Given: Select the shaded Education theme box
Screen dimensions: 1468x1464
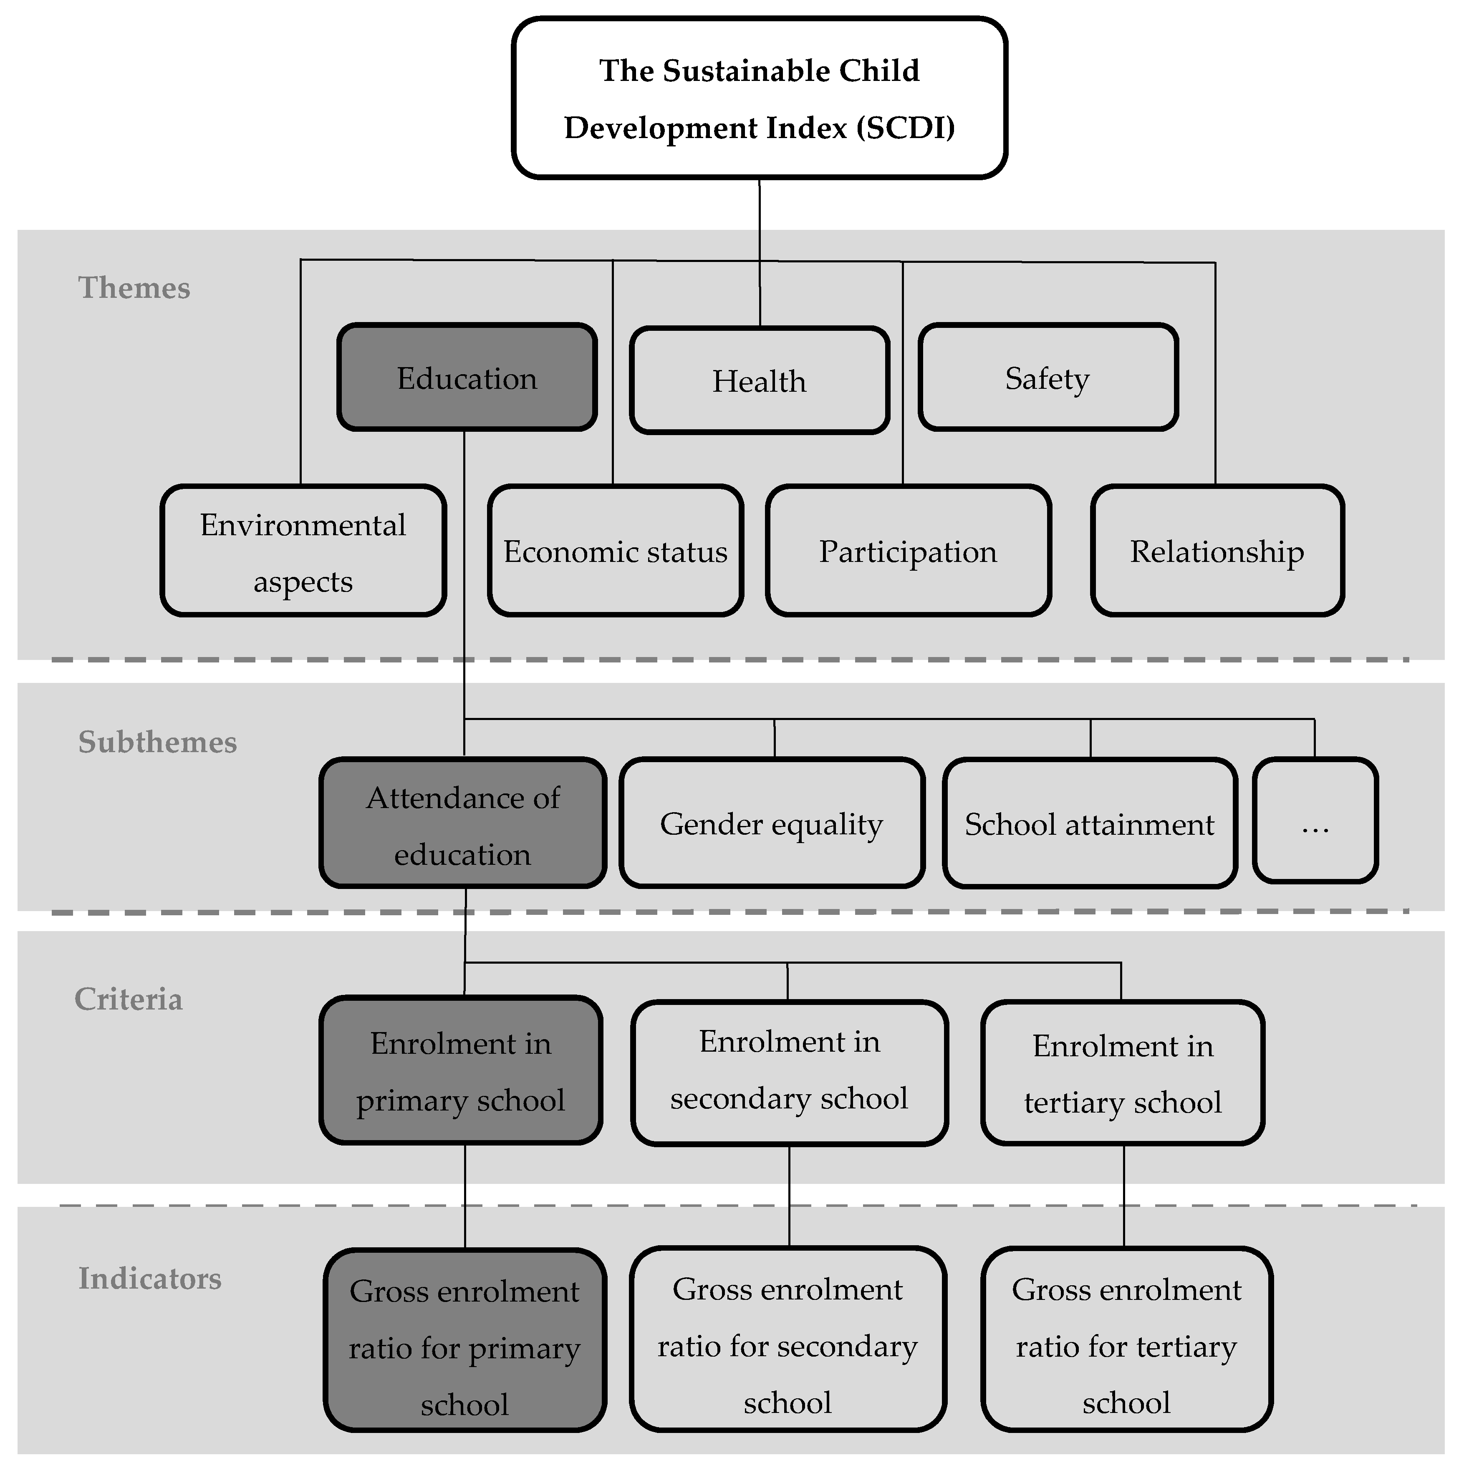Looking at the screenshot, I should [467, 378].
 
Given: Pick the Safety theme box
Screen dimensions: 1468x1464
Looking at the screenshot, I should [1048, 378].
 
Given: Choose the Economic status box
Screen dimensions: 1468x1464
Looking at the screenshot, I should [615, 551].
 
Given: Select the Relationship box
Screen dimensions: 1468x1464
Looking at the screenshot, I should [1217, 551].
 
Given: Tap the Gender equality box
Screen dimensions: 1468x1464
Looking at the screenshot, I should [772, 824].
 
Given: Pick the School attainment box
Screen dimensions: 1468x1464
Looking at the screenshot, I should [1089, 824].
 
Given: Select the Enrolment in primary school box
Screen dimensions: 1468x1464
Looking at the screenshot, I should [461, 1071].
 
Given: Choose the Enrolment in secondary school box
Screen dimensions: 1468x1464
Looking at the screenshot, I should [789, 1071].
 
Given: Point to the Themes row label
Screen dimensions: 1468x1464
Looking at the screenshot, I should [134, 288].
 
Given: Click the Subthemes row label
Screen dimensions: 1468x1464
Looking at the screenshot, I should [157, 743].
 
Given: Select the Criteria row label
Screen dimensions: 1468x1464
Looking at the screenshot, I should [129, 999].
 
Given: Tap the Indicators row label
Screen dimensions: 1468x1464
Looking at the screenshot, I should [150, 1279].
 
